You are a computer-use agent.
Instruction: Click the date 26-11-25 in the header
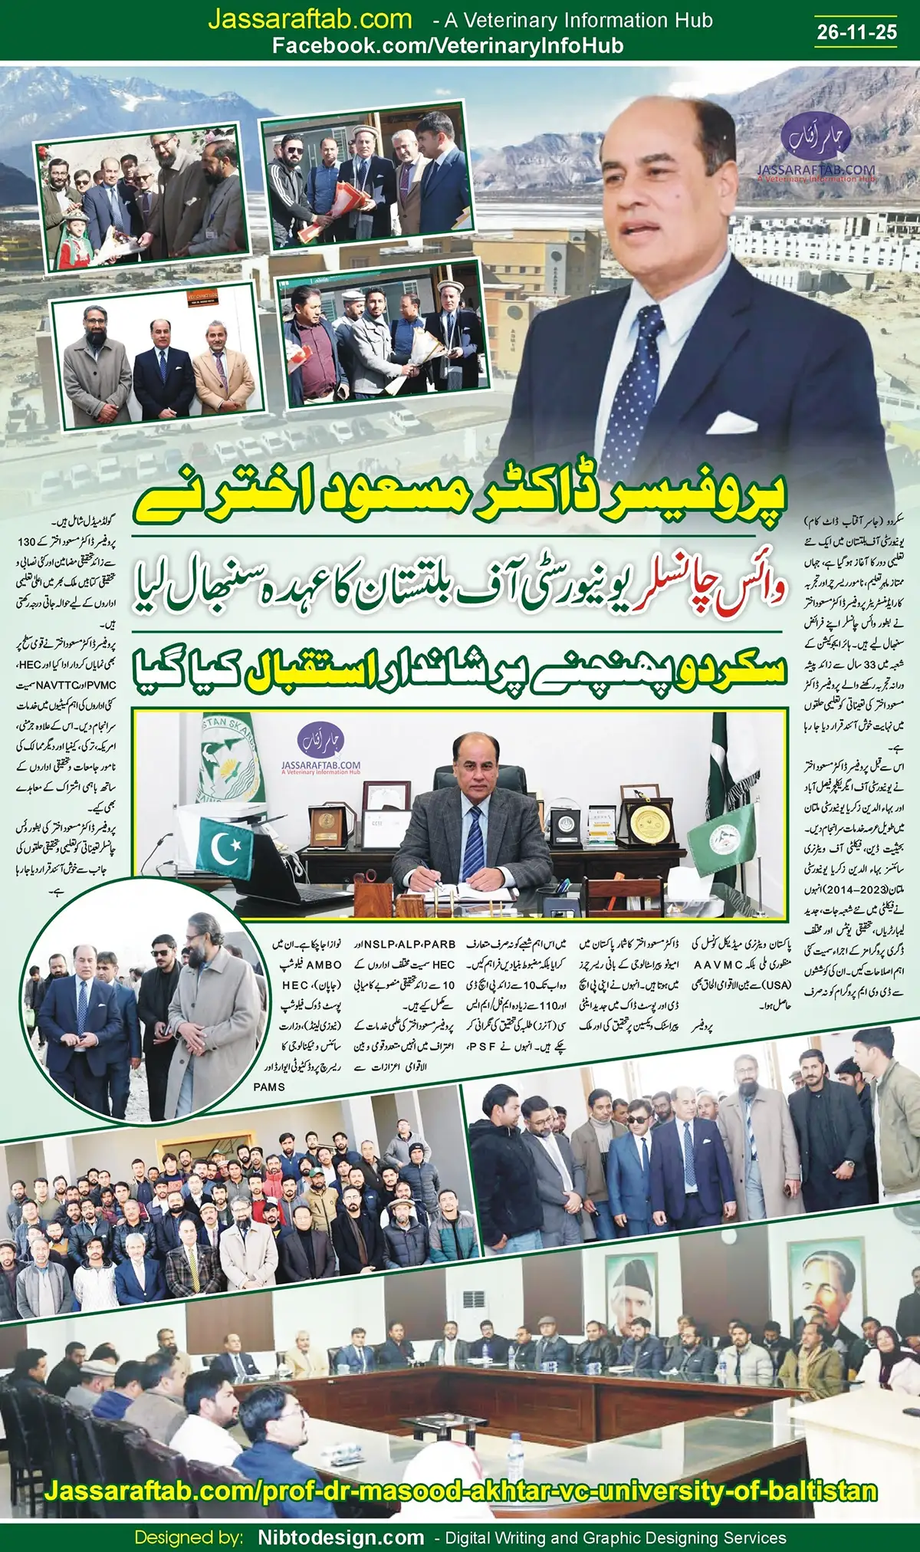click(856, 31)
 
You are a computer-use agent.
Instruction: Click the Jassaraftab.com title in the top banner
click(310, 19)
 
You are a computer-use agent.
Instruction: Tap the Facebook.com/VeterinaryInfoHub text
click(448, 46)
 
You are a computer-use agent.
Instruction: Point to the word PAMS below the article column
click(269, 1087)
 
